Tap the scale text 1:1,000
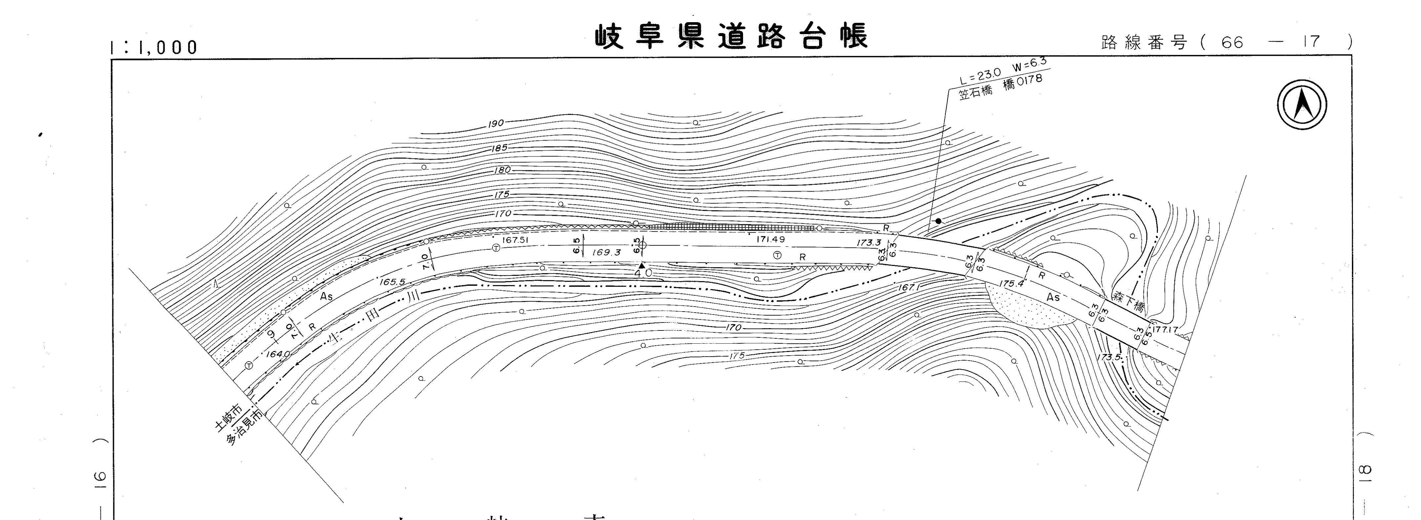[x=154, y=48]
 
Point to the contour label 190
[x=495, y=123]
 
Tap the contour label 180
[x=502, y=170]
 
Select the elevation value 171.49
[x=770, y=239]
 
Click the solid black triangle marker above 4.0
[x=642, y=266]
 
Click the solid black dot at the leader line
[x=938, y=221]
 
